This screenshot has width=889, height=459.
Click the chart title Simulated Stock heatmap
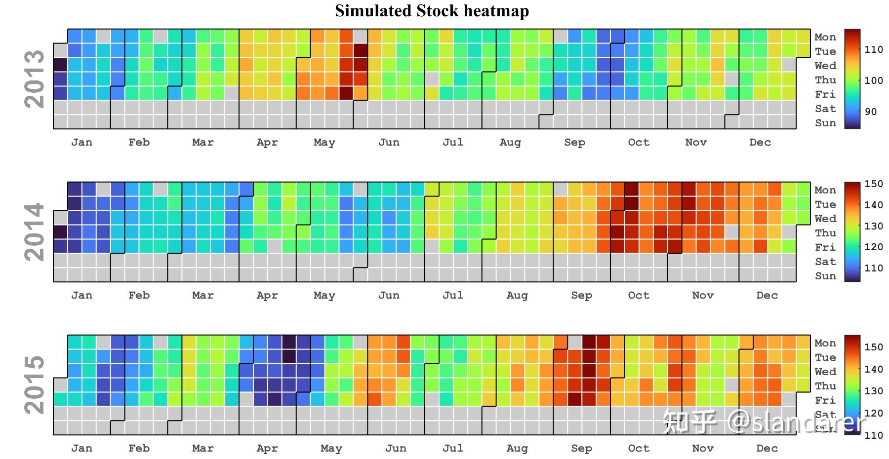(432, 11)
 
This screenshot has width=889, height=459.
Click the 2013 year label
(34, 79)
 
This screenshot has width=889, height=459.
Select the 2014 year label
(34, 232)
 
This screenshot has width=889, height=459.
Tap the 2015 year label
(34, 385)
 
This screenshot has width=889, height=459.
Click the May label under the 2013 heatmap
(324, 143)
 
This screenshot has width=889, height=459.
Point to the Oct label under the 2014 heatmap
(638, 296)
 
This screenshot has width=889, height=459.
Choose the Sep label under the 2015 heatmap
(581, 449)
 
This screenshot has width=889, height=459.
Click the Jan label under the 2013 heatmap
(81, 143)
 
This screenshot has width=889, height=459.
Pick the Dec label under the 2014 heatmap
(767, 296)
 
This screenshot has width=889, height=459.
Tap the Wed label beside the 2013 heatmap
(825, 66)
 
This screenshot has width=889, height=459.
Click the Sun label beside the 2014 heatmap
(825, 276)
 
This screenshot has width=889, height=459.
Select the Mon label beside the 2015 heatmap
(825, 343)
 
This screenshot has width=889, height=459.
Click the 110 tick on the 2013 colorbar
(873, 49)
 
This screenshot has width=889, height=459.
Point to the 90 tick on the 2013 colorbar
(870, 112)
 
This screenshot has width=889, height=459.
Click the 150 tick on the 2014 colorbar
(873, 184)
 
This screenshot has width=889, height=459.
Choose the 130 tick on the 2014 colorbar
(873, 226)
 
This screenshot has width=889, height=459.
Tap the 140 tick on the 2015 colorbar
(873, 369)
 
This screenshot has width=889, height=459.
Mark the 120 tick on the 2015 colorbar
(873, 413)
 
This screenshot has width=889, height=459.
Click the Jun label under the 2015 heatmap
(396, 449)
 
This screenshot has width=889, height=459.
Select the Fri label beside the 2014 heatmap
(825, 247)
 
